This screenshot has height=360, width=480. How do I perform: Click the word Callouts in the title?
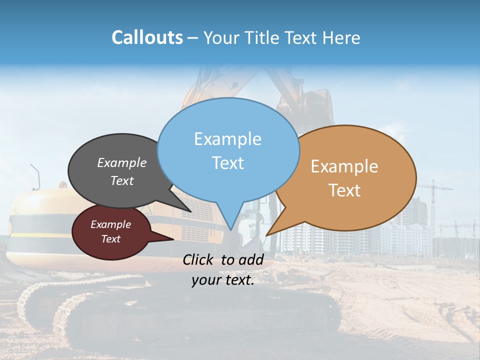pyautogui.click(x=147, y=38)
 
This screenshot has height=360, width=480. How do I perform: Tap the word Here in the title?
pyautogui.click(x=341, y=38)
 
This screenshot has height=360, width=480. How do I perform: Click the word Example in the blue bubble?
pyautogui.click(x=227, y=139)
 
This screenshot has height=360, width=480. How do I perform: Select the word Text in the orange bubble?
pyautogui.click(x=345, y=190)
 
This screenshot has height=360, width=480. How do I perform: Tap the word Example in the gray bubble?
pyautogui.click(x=121, y=163)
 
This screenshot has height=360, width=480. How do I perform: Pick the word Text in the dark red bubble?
pyautogui.click(x=110, y=239)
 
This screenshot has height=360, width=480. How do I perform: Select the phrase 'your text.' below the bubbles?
pyautogui.click(x=223, y=280)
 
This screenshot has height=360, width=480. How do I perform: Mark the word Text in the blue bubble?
pyautogui.click(x=228, y=163)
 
